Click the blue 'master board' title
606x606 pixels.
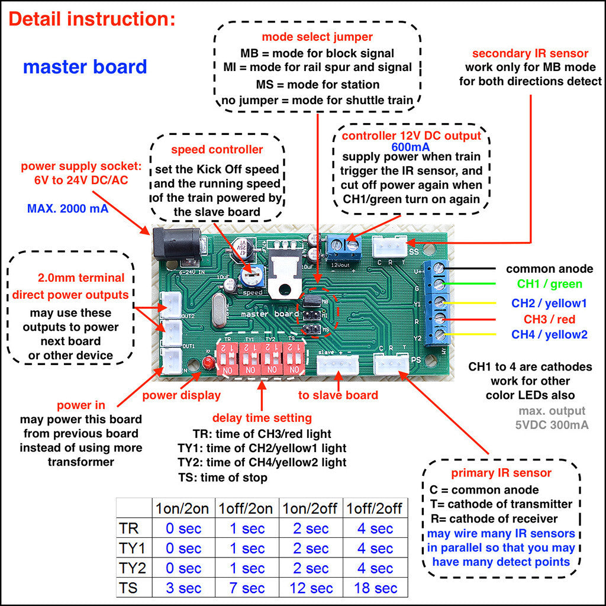(x=85, y=66)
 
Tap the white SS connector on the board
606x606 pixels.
(x=389, y=245)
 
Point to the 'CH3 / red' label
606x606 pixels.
(x=549, y=320)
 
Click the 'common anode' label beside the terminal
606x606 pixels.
(x=549, y=269)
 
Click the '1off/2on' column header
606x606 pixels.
(x=246, y=508)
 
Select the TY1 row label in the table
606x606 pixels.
(x=133, y=548)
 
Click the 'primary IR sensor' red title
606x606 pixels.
(x=501, y=473)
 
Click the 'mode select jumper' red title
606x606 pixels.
(x=317, y=37)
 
